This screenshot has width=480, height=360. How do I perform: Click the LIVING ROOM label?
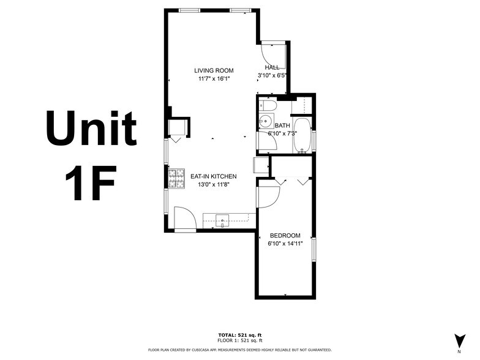pyautogui.click(x=214, y=70)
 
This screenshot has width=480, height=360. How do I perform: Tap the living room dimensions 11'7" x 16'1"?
pyautogui.click(x=214, y=79)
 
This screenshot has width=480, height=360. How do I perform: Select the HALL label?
pyautogui.click(x=272, y=67)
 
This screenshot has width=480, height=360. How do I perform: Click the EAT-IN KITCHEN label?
pyautogui.click(x=213, y=176)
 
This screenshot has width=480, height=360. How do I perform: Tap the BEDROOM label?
pyautogui.click(x=285, y=236)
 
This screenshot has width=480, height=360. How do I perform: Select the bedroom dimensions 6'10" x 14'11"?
pyautogui.click(x=285, y=244)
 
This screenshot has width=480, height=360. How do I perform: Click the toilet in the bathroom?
pyautogui.click(x=267, y=106)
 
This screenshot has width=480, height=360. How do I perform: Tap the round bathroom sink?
pyautogui.click(x=264, y=121)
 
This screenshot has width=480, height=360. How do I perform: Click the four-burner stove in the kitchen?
pyautogui.click(x=176, y=178)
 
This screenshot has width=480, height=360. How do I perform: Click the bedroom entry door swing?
pyautogui.click(x=268, y=194)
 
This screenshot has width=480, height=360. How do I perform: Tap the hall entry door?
pyautogui.click(x=273, y=51)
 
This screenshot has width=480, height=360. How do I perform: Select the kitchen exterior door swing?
pyautogui.click(x=184, y=218)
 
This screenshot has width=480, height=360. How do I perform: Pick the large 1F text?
pyautogui.click(x=91, y=182)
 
